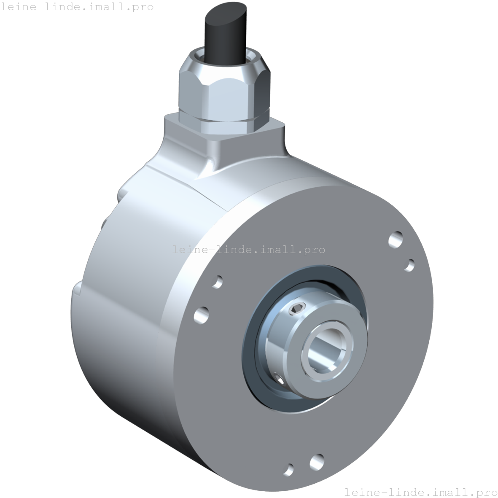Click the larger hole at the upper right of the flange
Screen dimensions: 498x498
(396, 240)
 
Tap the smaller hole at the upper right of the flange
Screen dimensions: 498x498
(409, 265)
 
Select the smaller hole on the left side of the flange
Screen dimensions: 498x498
(218, 281)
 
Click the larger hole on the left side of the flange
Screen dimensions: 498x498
(202, 315)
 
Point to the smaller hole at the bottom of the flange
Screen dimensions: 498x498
(289, 469)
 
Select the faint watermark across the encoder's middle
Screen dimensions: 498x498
(249, 250)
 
